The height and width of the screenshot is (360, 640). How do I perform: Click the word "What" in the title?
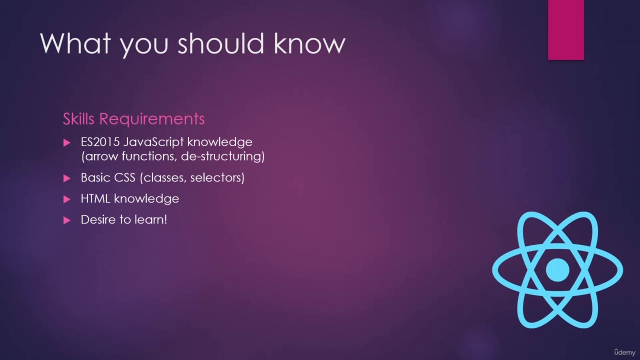click(75, 43)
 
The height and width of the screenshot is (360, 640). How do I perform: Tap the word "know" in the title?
click(309, 43)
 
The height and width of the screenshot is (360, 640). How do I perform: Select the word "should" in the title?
click(220, 43)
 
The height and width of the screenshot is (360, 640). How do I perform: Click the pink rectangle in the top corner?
click(565, 29)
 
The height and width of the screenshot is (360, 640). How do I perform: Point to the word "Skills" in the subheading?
click(78, 118)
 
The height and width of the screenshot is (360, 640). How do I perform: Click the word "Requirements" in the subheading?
click(152, 119)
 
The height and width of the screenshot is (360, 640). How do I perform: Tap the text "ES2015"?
click(100, 142)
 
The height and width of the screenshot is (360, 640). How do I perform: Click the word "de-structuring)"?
click(223, 157)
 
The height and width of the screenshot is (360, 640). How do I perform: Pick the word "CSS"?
click(124, 177)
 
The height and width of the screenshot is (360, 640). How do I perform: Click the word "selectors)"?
click(217, 178)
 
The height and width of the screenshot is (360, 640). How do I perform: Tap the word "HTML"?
click(95, 198)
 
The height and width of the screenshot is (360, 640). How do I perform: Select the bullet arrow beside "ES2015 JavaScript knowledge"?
click(66, 142)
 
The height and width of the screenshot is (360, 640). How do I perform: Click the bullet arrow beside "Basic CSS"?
click(66, 178)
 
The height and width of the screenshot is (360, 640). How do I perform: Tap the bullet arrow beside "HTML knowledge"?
click(66, 199)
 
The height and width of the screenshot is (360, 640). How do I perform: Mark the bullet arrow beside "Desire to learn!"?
click(66, 220)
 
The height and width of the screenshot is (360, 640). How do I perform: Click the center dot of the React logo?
click(557, 269)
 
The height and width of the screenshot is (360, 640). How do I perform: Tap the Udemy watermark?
click(625, 352)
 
